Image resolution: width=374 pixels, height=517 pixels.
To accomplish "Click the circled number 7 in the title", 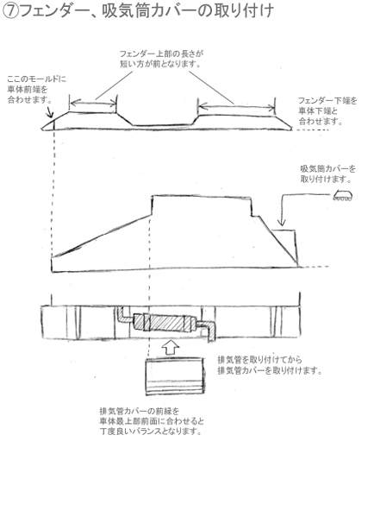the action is (10, 11).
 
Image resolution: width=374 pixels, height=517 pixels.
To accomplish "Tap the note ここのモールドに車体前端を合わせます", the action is (36, 90).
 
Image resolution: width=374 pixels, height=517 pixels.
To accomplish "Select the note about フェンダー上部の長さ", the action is (161, 59).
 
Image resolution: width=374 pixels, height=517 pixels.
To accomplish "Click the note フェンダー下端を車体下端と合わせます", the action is (327, 110).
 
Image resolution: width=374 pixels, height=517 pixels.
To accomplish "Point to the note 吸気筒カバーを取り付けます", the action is (328, 174).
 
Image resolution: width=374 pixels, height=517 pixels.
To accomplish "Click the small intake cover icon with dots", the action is (343, 196).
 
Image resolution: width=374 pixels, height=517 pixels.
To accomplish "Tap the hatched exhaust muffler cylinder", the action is (165, 322).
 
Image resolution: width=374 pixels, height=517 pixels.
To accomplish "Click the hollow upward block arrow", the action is (171, 348).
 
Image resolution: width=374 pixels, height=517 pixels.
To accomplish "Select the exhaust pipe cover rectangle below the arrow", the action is (174, 376).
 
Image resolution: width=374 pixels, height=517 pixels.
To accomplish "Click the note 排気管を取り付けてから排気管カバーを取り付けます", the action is (270, 365).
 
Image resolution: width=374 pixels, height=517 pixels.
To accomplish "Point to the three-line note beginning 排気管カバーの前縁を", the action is (152, 421).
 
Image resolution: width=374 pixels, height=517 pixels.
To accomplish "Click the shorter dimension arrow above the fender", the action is (93, 103).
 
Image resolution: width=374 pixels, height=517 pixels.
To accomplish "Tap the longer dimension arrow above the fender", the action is (237, 106).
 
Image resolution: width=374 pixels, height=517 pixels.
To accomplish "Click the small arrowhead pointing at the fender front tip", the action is (49, 113).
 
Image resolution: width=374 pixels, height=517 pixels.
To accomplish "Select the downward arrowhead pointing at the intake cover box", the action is (282, 222).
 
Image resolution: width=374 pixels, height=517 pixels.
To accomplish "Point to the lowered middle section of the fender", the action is (163, 125).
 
